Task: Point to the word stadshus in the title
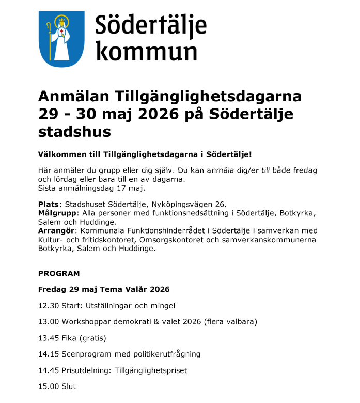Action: point(74,132)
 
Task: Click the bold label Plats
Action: point(49,204)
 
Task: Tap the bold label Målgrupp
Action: point(57,213)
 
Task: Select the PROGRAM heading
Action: point(59,273)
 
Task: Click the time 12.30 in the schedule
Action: point(49,305)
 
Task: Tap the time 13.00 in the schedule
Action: point(49,322)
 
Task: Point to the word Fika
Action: point(70,338)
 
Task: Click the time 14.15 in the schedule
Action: point(49,354)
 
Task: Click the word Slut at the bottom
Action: point(69,386)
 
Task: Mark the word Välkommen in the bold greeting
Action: point(59,154)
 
